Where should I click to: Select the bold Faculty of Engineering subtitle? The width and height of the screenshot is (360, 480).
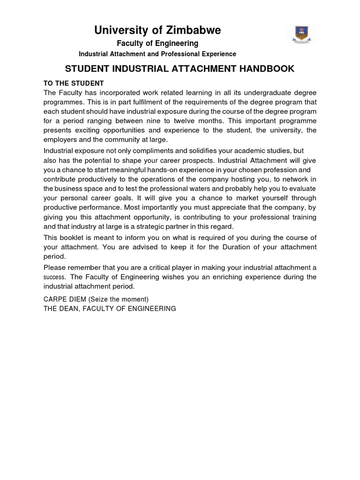157,43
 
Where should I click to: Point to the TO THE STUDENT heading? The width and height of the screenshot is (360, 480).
74,83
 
